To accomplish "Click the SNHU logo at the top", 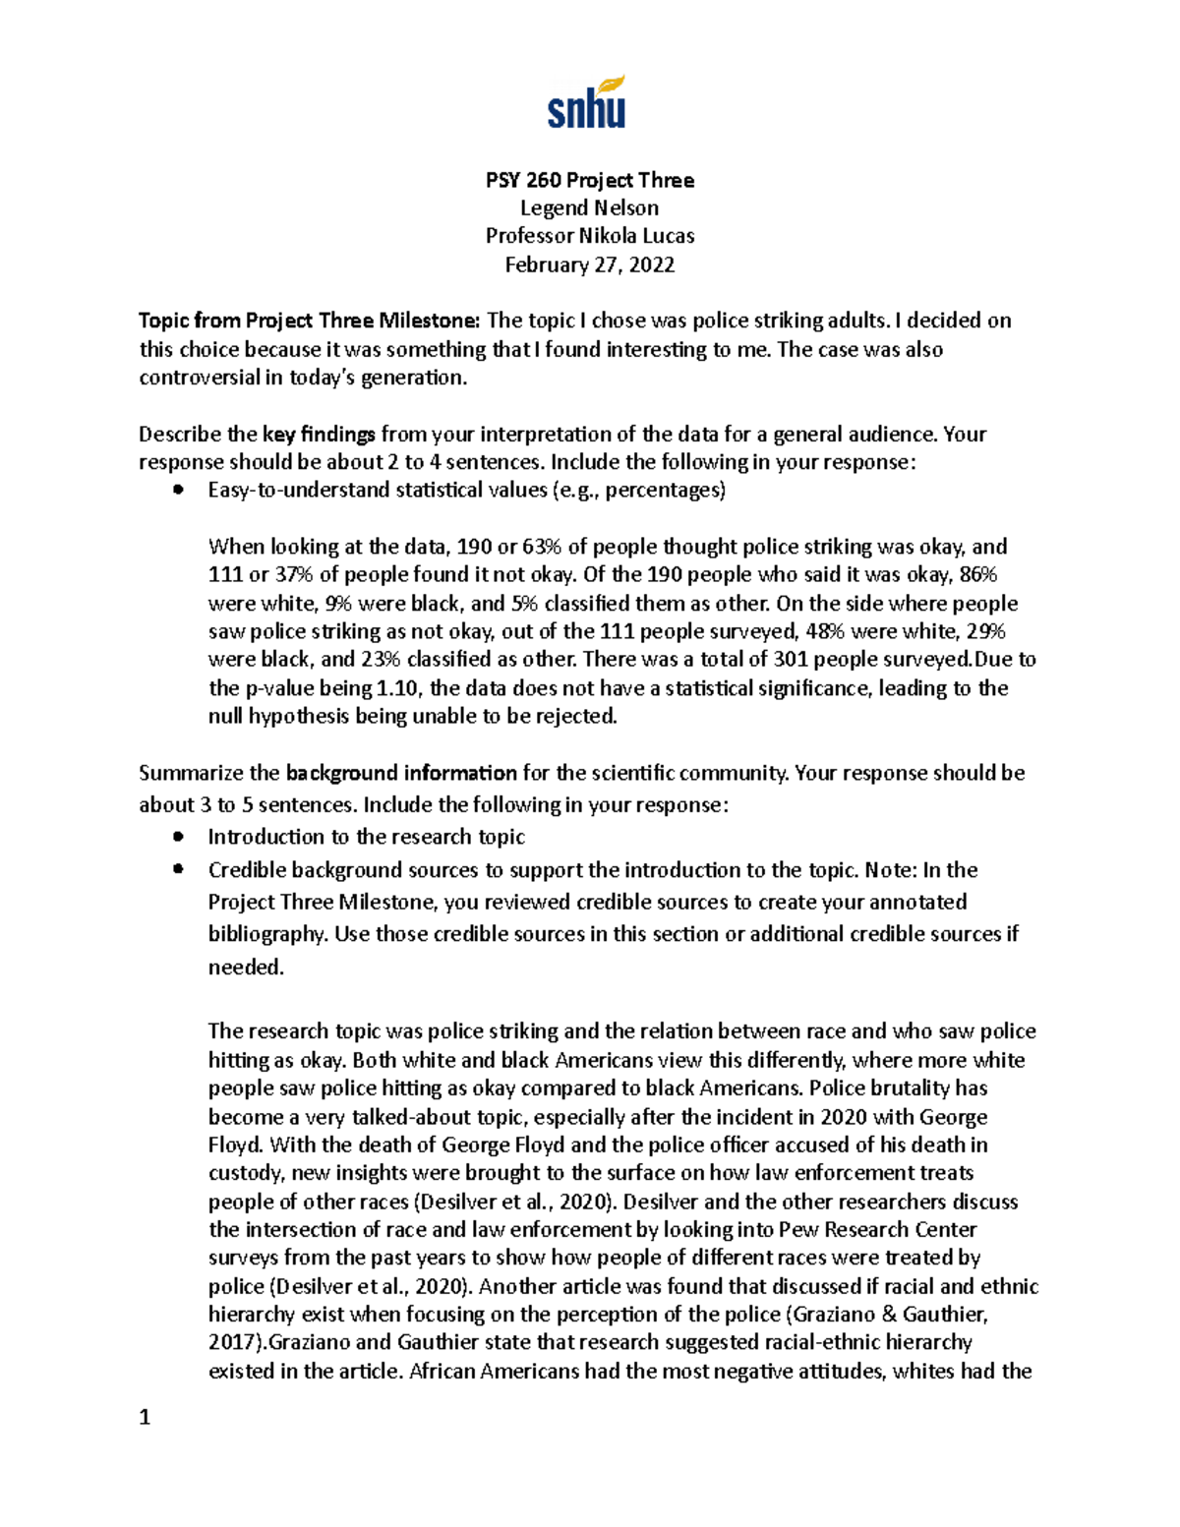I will click(587, 103).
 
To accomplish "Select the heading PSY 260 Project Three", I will click(589, 180).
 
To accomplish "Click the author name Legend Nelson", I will click(589, 207).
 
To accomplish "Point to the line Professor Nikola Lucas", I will click(589, 236).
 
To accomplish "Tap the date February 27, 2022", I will click(589, 264).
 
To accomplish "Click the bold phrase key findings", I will click(320, 435).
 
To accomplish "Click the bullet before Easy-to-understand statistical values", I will click(178, 491).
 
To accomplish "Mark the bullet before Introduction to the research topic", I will click(178, 837).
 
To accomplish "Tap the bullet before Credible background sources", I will click(178, 869).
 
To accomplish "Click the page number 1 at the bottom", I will click(145, 1418).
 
